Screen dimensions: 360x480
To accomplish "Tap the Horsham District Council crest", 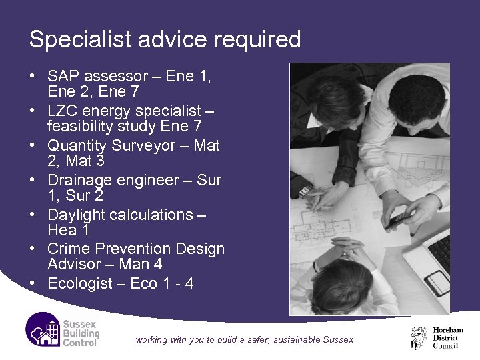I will (x=419, y=337).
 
